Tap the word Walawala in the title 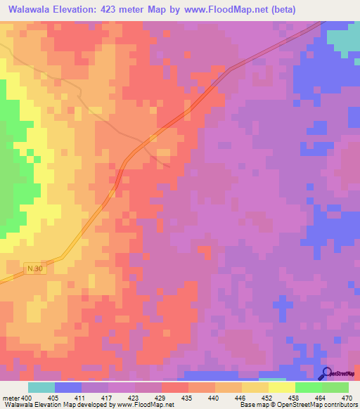pos(32,10)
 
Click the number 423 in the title pos(121,10)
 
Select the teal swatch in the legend pos(41,387)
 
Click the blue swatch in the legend pos(68,387)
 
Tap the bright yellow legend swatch pos(281,387)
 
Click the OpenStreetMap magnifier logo pos(327,374)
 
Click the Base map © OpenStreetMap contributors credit pos(297,405)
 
